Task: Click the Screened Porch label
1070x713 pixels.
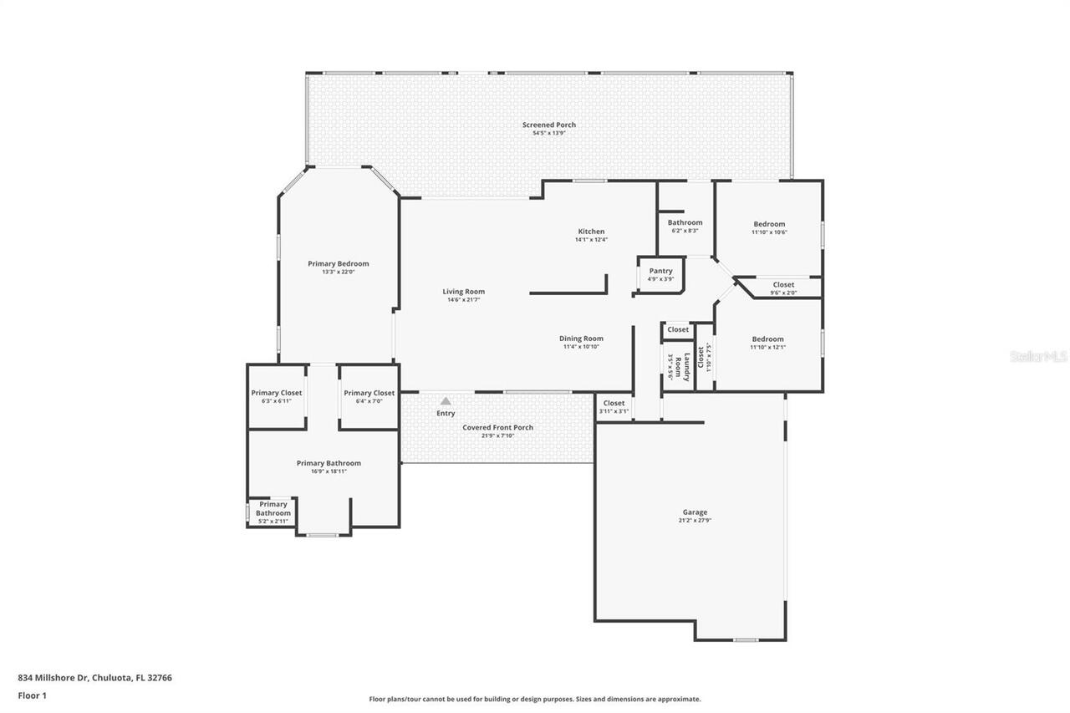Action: tap(549, 125)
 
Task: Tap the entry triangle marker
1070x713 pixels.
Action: tap(446, 401)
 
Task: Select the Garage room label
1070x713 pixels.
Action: tap(695, 512)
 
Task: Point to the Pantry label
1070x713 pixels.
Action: tap(660, 271)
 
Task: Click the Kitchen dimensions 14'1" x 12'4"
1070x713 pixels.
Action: tap(591, 240)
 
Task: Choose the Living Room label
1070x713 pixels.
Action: tap(463, 292)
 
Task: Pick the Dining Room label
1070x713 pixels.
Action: tap(581, 339)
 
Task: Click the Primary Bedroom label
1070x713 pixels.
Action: tap(338, 263)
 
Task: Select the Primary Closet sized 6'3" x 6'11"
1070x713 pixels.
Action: tap(277, 393)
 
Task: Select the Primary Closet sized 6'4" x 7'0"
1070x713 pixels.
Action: tap(369, 393)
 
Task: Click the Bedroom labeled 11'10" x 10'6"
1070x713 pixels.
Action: tap(769, 224)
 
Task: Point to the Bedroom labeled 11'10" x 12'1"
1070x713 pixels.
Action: tap(767, 339)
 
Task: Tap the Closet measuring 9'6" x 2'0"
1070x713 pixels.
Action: tap(783, 285)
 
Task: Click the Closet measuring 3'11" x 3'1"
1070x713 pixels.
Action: tap(614, 404)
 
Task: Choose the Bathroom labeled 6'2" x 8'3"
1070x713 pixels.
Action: tap(685, 223)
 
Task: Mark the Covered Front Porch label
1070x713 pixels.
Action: tap(497, 427)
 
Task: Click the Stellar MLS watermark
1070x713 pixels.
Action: tap(1038, 356)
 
